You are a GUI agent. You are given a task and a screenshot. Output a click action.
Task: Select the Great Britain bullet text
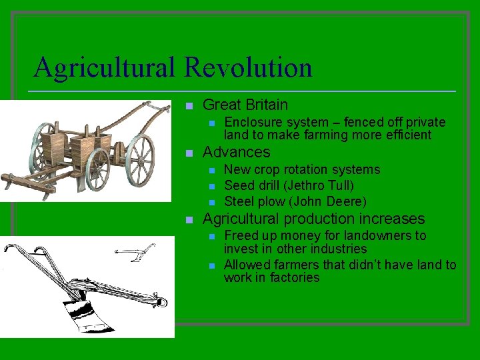click(245, 105)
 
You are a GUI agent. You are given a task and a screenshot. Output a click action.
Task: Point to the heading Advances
click(236, 153)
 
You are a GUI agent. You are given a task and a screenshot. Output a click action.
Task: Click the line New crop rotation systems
click(302, 169)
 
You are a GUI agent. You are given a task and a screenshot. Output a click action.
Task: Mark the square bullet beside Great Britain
click(189, 105)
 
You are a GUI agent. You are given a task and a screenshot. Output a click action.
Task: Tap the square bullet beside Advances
click(189, 153)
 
